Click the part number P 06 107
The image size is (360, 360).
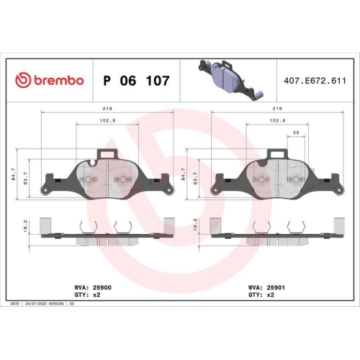click(x=137, y=81)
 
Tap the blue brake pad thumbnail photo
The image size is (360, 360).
click(x=226, y=77)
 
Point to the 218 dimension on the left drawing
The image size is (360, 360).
click(x=107, y=109)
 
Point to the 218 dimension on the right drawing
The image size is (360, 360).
click(x=276, y=109)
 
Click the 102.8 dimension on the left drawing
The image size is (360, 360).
click(x=107, y=122)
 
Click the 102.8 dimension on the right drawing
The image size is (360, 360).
click(x=276, y=122)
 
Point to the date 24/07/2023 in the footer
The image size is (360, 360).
click(x=38, y=305)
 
